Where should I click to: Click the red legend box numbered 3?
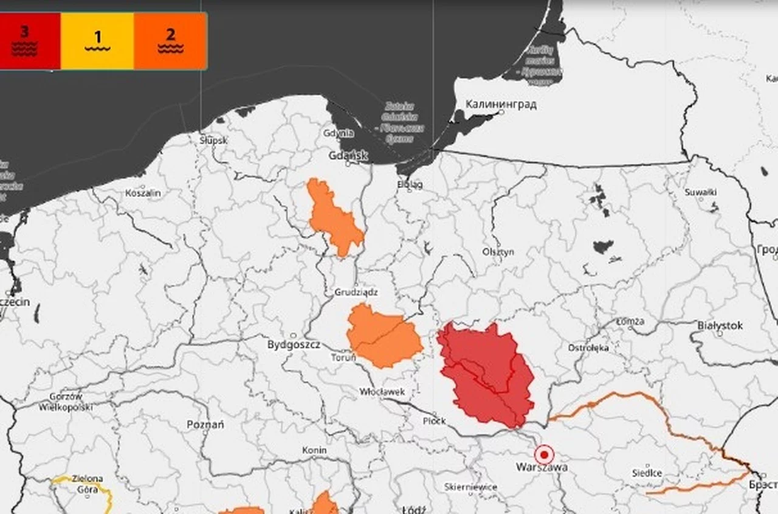click(x=27, y=41)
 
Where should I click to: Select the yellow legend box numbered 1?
click(x=97, y=41)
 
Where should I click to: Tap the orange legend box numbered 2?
click(x=170, y=41)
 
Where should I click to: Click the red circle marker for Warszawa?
click(x=544, y=454)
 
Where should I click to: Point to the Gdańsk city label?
click(x=348, y=156)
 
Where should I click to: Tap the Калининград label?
click(x=501, y=104)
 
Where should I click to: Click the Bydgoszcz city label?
click(x=294, y=345)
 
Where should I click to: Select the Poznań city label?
click(x=205, y=424)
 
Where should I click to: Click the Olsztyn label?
click(x=498, y=251)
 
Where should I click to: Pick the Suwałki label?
click(x=701, y=192)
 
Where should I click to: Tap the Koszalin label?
click(x=143, y=193)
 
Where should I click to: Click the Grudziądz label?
click(x=356, y=292)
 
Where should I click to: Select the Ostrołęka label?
click(x=588, y=348)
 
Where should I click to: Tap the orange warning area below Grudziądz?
click(x=384, y=337)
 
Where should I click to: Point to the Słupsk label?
click(x=213, y=140)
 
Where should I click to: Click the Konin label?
click(x=314, y=450)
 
